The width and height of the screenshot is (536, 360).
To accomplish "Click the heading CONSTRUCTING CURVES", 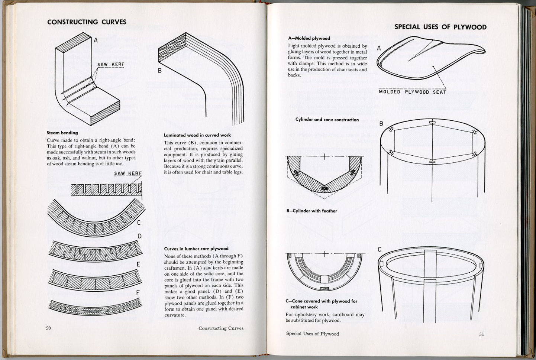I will tap(87, 22).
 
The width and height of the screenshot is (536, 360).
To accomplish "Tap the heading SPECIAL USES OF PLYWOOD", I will tap(440, 27).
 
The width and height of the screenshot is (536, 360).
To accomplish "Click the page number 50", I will tap(48, 328).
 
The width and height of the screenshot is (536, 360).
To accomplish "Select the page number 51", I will tap(481, 334).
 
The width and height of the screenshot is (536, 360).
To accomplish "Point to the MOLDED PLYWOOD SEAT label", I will tap(412, 92).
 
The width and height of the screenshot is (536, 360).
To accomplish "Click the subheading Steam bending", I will tap(62, 133).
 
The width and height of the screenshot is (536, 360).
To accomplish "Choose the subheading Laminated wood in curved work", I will tap(197, 135).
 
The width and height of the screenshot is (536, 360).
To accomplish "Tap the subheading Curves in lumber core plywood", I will tap(196, 249).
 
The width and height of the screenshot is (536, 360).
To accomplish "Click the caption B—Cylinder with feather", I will tap(311, 211).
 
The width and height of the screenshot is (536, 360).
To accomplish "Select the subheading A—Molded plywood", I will tap(309, 38).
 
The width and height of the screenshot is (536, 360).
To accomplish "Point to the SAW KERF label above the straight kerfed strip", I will tap(128, 173).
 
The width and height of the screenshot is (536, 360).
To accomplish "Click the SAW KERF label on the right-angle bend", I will tap(111, 65).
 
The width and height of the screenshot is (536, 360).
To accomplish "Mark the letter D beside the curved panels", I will tap(140, 236).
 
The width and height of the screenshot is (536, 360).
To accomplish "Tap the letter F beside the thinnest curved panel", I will tap(138, 293).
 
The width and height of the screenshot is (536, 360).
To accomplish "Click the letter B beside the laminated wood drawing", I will tap(159, 71).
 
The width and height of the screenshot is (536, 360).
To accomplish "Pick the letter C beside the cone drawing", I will tap(380, 249).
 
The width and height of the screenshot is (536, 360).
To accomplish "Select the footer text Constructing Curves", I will tap(221, 328).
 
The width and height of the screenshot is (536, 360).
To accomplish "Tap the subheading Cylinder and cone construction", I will tap(327, 120).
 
